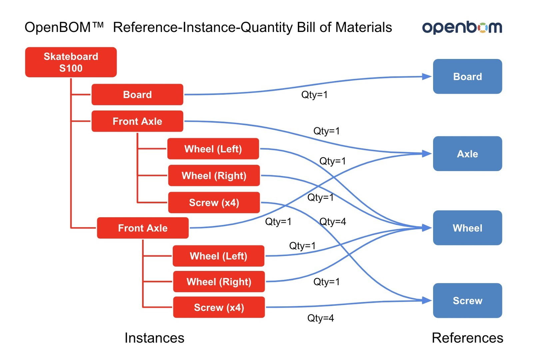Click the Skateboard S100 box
71,62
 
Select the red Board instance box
137,95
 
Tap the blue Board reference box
468,76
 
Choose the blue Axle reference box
468,154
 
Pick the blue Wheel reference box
468,228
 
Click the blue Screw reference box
468,300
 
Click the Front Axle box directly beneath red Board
137,121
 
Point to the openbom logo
462,28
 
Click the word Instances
155,338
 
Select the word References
467,338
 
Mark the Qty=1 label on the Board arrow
314,95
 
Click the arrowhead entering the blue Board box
427,77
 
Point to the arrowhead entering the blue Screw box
427,300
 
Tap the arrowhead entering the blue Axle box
427,154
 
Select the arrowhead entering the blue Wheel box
427,228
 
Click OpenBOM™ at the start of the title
64,27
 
